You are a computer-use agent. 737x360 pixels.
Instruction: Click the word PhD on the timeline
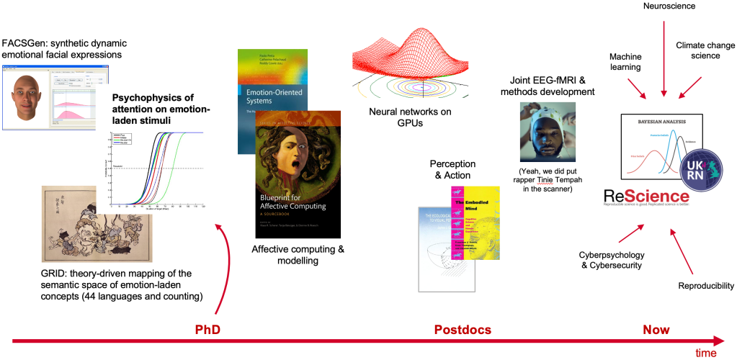[207, 330]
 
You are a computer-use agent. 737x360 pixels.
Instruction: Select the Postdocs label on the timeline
[463, 330]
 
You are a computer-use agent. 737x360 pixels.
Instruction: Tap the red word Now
[656, 330]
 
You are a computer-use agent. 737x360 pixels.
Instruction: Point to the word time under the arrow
[705, 353]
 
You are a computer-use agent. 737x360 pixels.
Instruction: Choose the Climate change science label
[705, 49]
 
